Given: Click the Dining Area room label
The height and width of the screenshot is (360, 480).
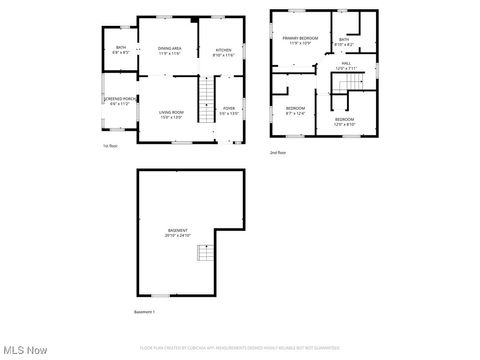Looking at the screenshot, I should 169,50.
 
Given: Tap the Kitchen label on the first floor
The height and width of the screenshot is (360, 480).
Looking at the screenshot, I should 224,52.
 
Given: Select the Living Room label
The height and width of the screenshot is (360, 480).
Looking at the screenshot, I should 171,114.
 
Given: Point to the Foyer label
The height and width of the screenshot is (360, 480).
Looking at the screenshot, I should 229,110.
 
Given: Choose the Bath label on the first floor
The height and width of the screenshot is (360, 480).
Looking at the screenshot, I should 121,50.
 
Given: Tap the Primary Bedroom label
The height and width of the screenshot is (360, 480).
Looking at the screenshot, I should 299,40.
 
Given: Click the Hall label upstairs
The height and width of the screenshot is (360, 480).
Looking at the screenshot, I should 346,66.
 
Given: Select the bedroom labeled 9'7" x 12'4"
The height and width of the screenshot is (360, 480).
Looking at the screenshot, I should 295,110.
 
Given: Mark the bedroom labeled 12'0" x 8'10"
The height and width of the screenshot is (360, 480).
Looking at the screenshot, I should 344,121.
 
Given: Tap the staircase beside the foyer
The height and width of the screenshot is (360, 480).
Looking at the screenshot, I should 205,98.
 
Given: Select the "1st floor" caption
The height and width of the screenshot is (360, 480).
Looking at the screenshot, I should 110,146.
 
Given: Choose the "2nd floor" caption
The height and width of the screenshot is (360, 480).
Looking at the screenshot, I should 277,152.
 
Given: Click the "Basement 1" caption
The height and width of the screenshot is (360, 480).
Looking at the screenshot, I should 145,313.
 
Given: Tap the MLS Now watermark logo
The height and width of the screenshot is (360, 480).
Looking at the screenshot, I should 25,350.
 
